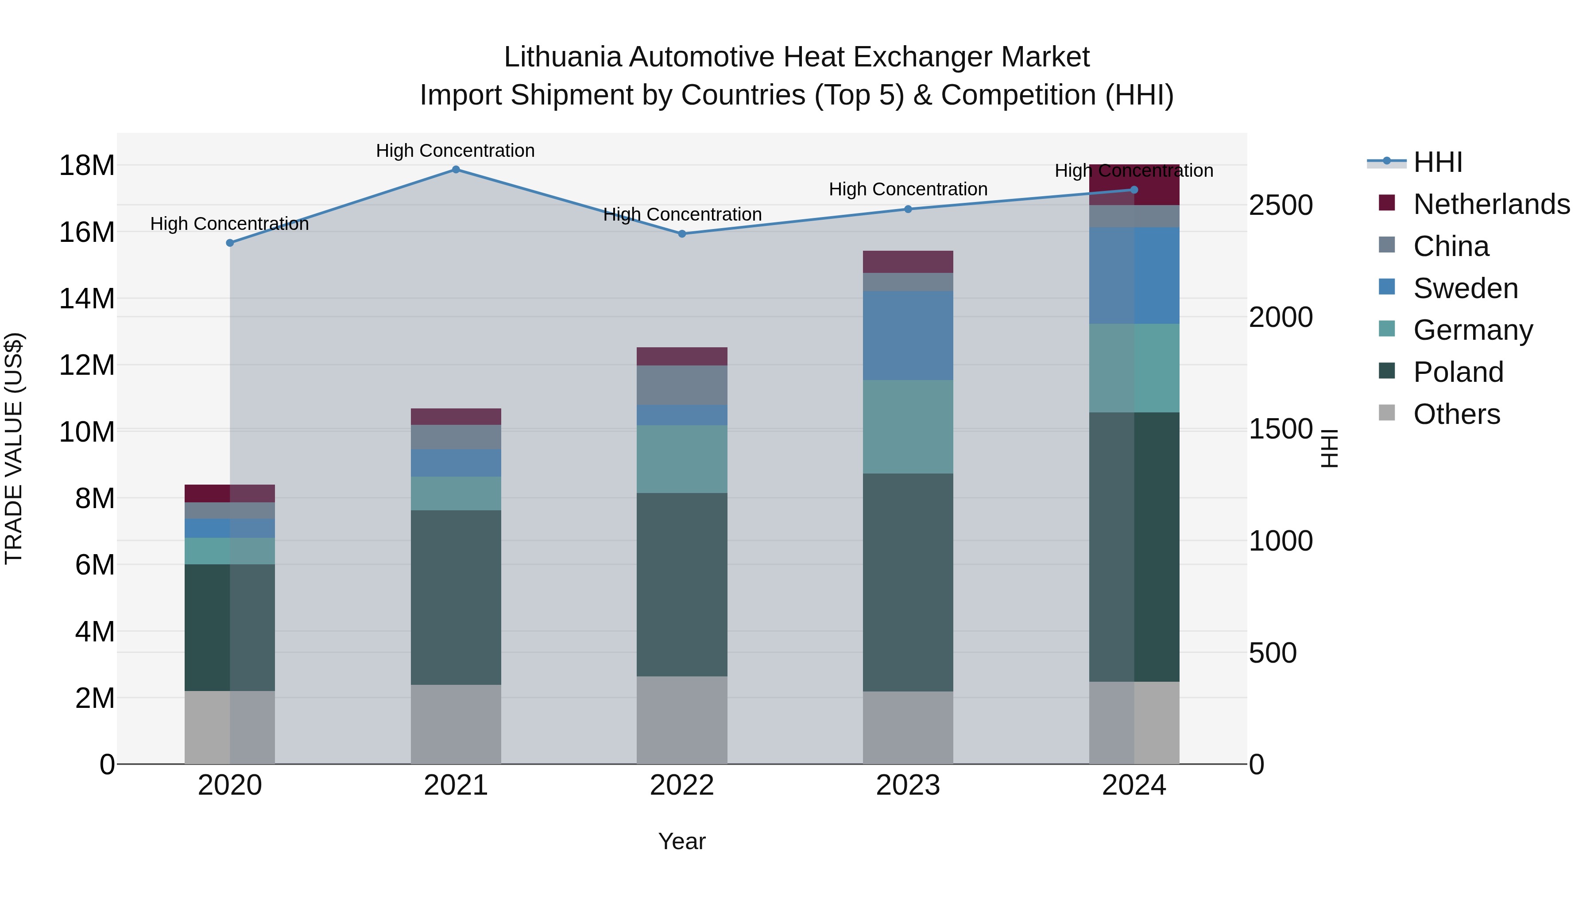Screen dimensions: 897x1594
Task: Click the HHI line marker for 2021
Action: (456, 170)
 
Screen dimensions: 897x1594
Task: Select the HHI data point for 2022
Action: (682, 234)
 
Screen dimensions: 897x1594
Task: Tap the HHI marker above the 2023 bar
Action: (908, 209)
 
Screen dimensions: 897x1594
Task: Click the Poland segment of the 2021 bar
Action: (456, 598)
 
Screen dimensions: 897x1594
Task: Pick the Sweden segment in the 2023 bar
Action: (908, 335)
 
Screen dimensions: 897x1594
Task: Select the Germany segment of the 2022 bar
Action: (682, 459)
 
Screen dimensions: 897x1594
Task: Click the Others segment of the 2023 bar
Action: (908, 727)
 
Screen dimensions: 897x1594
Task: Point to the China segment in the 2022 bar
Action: (682, 385)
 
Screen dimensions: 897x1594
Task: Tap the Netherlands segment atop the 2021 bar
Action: (456, 417)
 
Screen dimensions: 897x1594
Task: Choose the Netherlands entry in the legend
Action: (1491, 204)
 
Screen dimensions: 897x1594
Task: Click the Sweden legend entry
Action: (1465, 288)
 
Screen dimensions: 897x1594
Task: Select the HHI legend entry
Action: (1437, 162)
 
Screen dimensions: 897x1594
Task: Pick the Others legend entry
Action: (1457, 414)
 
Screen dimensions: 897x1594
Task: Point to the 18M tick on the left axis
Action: (87, 166)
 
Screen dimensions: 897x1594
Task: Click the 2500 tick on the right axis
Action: (1280, 206)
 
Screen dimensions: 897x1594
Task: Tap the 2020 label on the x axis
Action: (229, 785)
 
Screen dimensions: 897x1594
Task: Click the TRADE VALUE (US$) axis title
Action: (14, 448)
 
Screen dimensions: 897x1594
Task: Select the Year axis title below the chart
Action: (682, 841)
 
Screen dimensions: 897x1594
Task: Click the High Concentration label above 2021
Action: (456, 151)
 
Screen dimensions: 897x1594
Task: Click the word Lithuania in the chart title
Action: (562, 57)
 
